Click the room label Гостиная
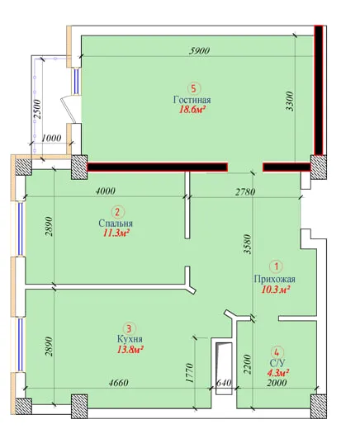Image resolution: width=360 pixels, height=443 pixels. click(x=192, y=100)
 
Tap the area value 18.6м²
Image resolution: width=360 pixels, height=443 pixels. click(x=192, y=110)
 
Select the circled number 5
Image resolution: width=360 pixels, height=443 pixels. click(x=193, y=88)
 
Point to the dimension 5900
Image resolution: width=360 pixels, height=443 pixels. click(x=199, y=51)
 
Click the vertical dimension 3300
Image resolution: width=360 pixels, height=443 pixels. click(x=290, y=101)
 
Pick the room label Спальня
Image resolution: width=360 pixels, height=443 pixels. click(x=116, y=224)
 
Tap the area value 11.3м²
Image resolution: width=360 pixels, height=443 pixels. click(x=116, y=233)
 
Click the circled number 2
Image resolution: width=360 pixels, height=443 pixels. click(x=118, y=212)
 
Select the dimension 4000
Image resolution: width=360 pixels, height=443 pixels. click(x=105, y=191)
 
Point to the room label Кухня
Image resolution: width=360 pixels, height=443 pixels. click(x=130, y=339)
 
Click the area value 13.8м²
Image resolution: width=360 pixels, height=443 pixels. click(x=130, y=350)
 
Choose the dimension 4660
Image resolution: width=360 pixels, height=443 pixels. click(x=119, y=383)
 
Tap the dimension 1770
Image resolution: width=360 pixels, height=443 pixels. click(x=189, y=373)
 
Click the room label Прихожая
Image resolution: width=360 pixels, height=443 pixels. click(x=275, y=279)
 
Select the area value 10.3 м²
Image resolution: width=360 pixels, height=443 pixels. click(x=276, y=290)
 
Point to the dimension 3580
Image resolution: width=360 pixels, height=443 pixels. click(x=248, y=244)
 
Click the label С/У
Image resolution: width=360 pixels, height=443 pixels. click(x=277, y=364)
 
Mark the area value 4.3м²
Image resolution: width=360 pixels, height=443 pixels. click(x=278, y=373)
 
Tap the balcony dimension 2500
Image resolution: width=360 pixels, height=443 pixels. click(x=37, y=110)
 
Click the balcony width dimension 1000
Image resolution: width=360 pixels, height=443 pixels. click(x=51, y=138)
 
